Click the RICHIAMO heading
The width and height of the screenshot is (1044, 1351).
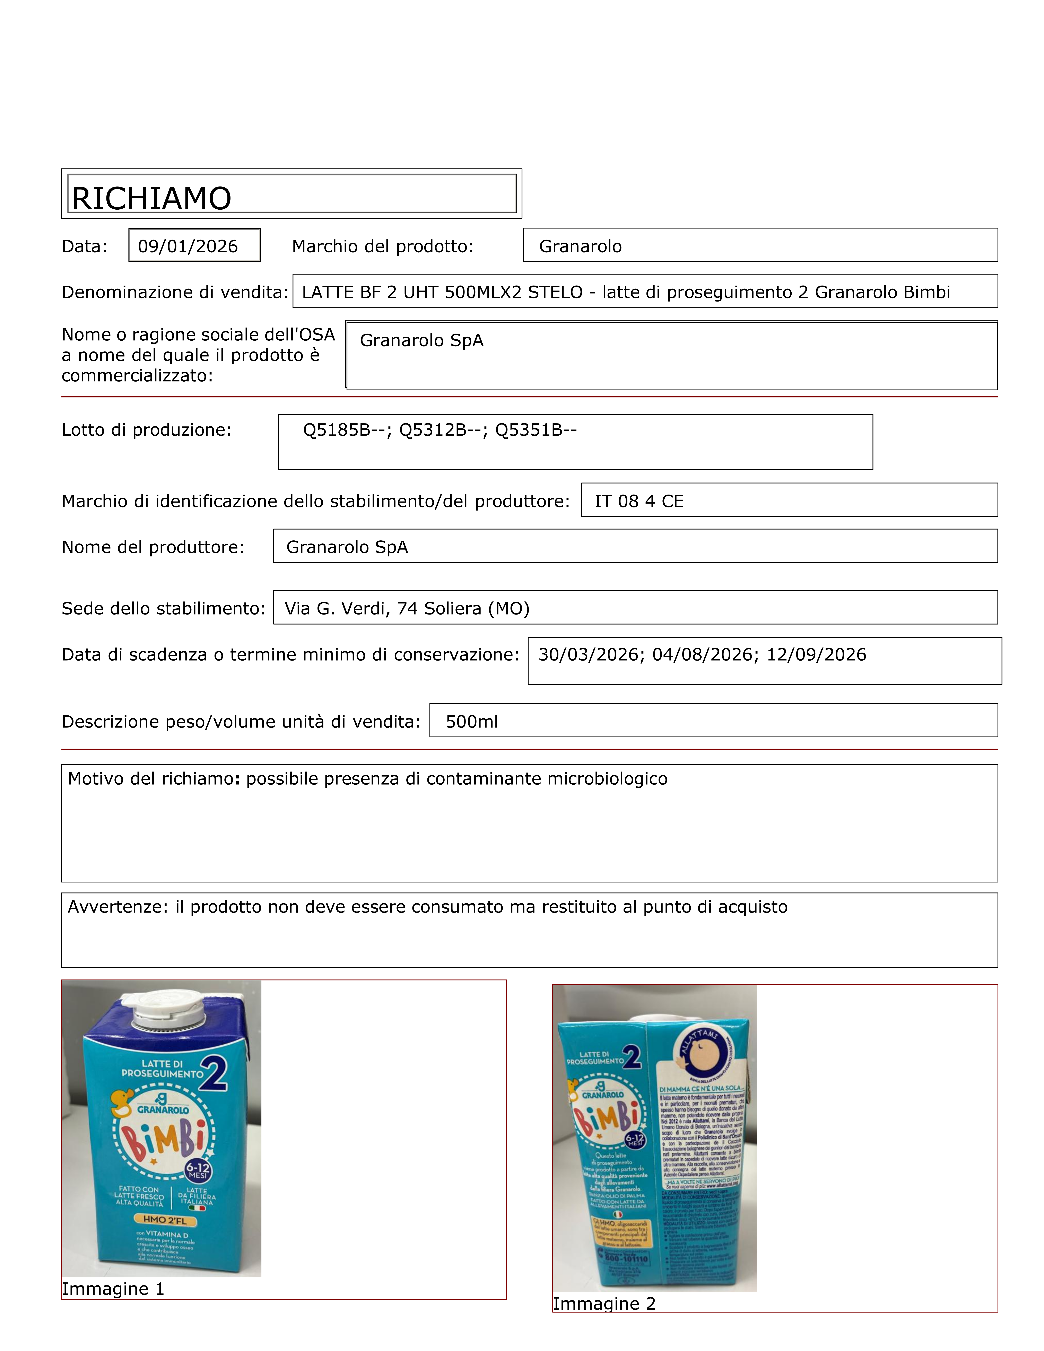click(151, 199)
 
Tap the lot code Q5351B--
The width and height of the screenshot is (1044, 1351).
click(536, 430)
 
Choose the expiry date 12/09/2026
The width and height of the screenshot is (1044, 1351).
click(816, 654)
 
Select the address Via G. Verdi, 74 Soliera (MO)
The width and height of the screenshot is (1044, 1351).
click(407, 609)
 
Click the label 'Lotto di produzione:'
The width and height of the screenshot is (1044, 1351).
click(147, 430)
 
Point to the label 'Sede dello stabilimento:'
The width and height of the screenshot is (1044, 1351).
click(163, 609)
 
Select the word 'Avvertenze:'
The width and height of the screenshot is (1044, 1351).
click(118, 907)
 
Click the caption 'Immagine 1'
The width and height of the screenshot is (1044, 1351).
click(113, 1289)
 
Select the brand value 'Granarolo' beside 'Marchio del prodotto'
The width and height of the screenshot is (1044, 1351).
click(580, 246)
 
